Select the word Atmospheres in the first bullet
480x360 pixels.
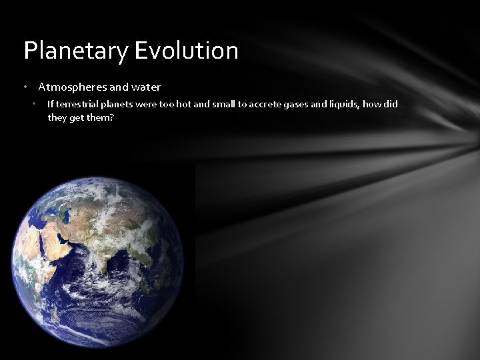pos(68,87)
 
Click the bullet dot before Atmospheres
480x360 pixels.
pos(25,87)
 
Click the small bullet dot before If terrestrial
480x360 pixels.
pos(35,104)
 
